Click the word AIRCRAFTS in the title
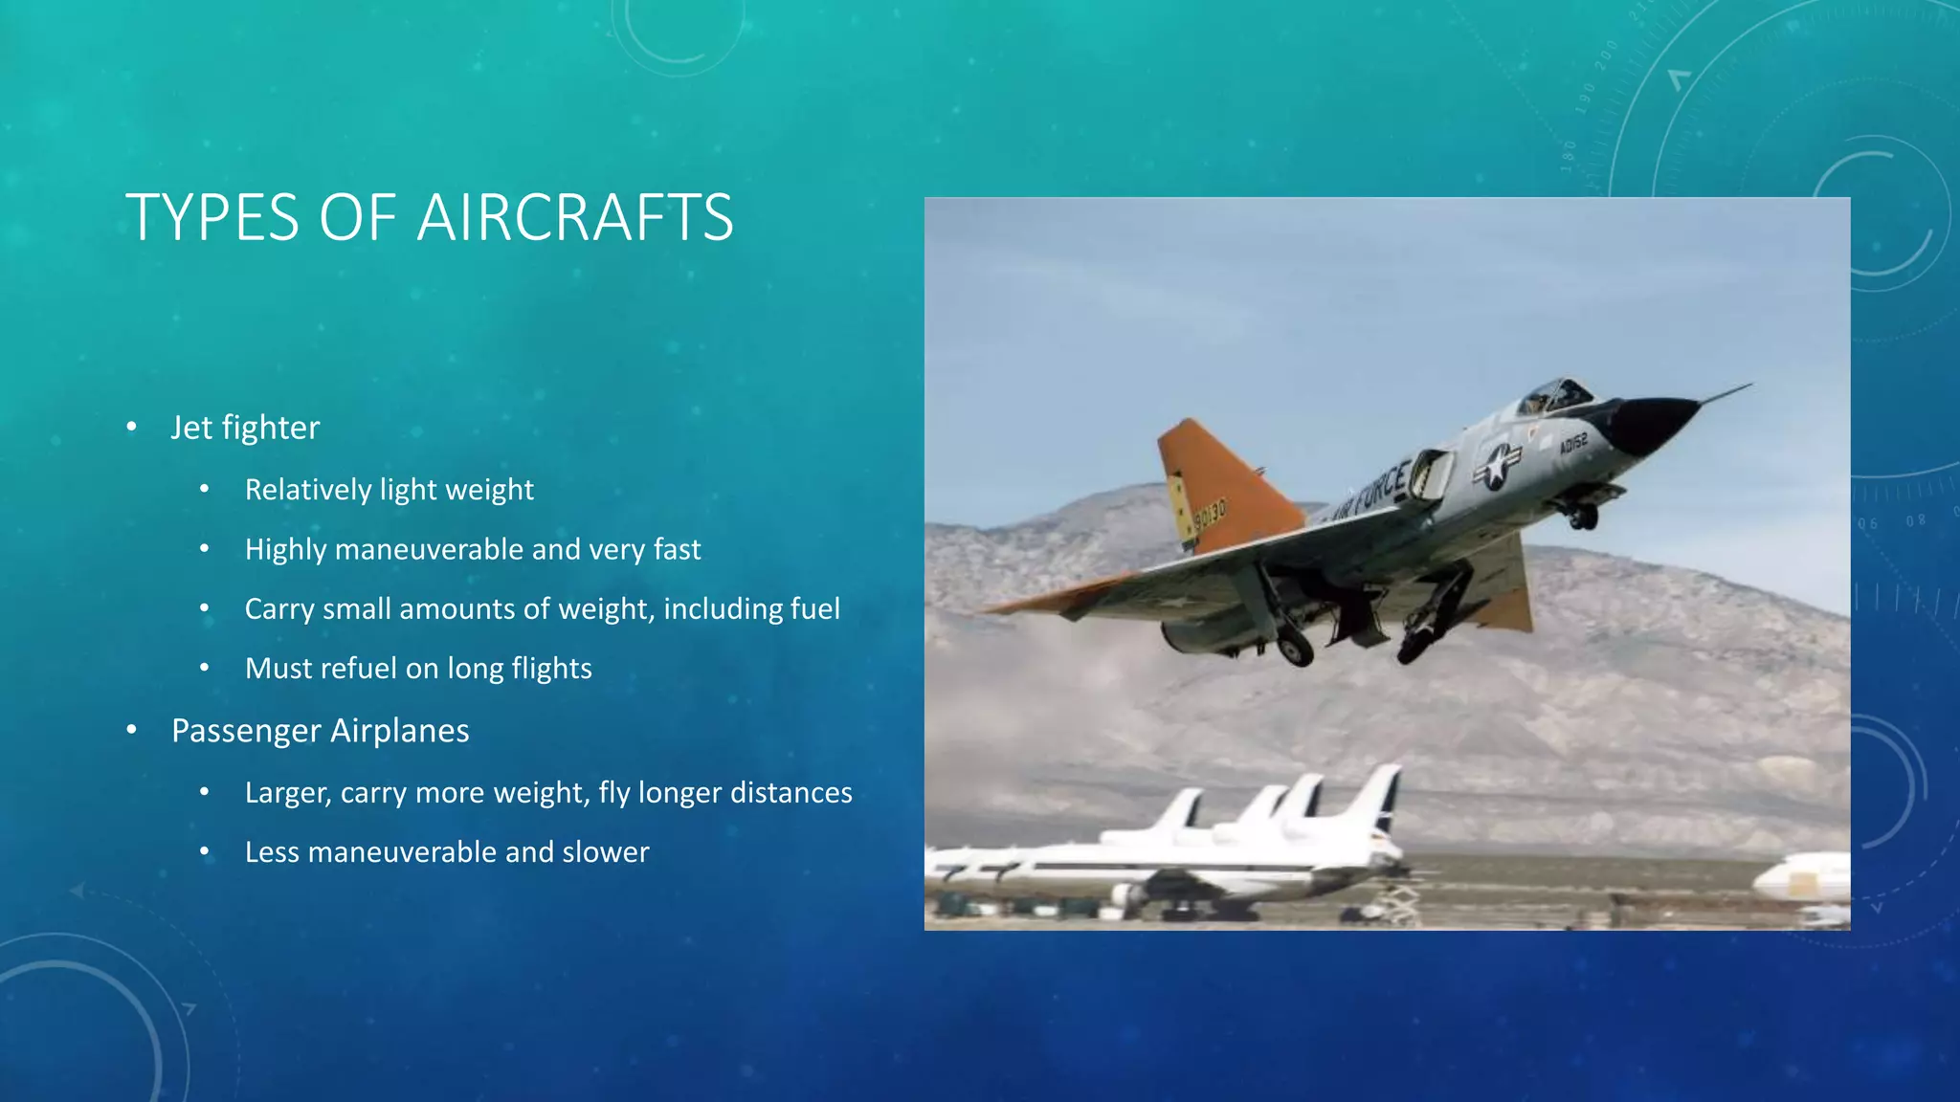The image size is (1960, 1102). pyautogui.click(x=575, y=218)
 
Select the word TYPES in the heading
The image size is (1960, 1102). pyautogui.click(x=212, y=218)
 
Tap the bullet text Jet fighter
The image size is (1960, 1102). pyautogui.click(x=245, y=428)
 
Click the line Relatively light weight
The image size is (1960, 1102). pyautogui.click(x=389, y=490)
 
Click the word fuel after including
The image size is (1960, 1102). pyautogui.click(x=814, y=609)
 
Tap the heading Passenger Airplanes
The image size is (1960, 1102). pyautogui.click(x=320, y=731)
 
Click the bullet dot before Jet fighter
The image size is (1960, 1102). pyautogui.click(x=131, y=427)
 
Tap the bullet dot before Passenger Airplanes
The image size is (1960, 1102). pyautogui.click(x=131, y=730)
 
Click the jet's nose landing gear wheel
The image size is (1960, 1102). pyautogui.click(x=1583, y=518)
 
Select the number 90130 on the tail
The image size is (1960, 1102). pyautogui.click(x=1209, y=516)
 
